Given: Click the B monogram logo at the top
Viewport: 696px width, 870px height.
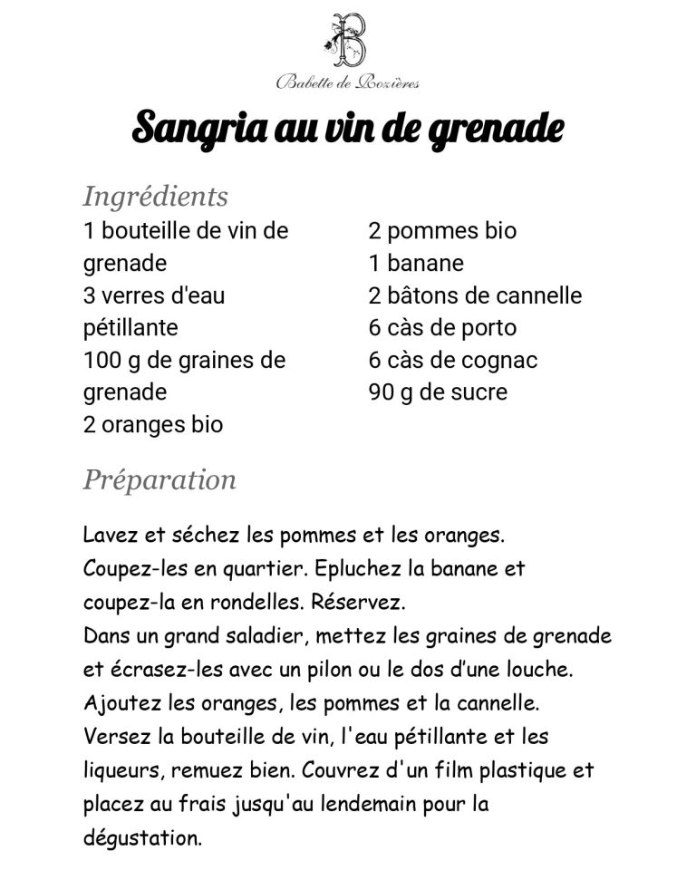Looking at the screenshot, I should pyautogui.click(x=348, y=41).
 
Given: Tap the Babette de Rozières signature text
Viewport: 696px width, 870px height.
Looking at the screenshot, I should pyautogui.click(x=347, y=83).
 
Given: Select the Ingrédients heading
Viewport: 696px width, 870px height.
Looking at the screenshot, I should pyautogui.click(x=155, y=196).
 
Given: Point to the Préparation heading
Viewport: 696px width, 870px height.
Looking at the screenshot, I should pyautogui.click(x=159, y=478).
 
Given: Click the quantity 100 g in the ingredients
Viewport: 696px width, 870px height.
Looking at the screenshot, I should pyautogui.click(x=109, y=361).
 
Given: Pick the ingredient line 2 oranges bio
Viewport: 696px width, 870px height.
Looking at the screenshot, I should pyautogui.click(x=153, y=425).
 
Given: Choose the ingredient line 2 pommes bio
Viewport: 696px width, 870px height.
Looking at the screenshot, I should pyautogui.click(x=442, y=231).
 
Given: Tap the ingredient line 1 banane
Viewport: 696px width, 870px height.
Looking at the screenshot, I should pyautogui.click(x=416, y=264).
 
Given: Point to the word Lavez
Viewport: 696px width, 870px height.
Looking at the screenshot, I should pyautogui.click(x=107, y=536).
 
